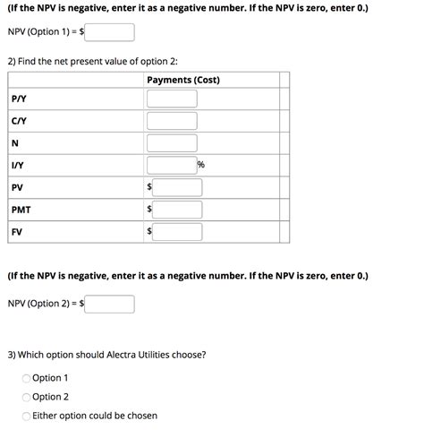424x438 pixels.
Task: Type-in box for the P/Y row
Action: pos(172,99)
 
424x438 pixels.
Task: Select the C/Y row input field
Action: pos(172,121)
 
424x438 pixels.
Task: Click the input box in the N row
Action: pos(172,143)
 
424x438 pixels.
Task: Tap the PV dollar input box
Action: pos(177,187)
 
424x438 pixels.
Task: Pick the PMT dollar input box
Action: pos(177,210)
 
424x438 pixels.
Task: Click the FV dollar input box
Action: pos(177,232)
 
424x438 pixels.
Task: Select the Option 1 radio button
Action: pos(27,379)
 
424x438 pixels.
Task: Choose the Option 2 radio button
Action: pos(27,397)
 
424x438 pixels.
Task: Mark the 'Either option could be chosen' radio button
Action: pos(27,416)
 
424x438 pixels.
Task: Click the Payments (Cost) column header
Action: pos(182,81)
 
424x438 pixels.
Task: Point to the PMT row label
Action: pos(21,210)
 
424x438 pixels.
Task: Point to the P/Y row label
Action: pos(18,99)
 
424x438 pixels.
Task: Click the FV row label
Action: pos(17,232)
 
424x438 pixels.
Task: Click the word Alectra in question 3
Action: pos(125,355)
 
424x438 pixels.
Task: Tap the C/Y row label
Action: pos(18,121)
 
